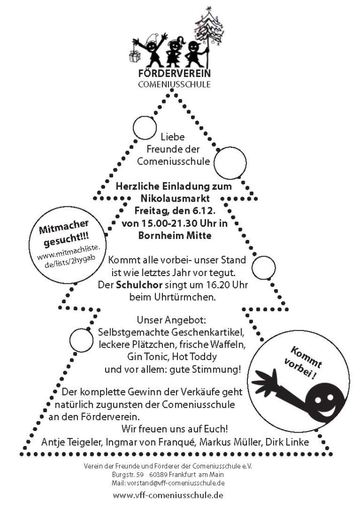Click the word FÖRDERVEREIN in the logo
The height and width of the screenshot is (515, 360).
pos(174,73)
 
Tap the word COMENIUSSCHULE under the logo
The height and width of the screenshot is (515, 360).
pos(174,84)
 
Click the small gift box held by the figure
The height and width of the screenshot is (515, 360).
pos(135,55)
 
